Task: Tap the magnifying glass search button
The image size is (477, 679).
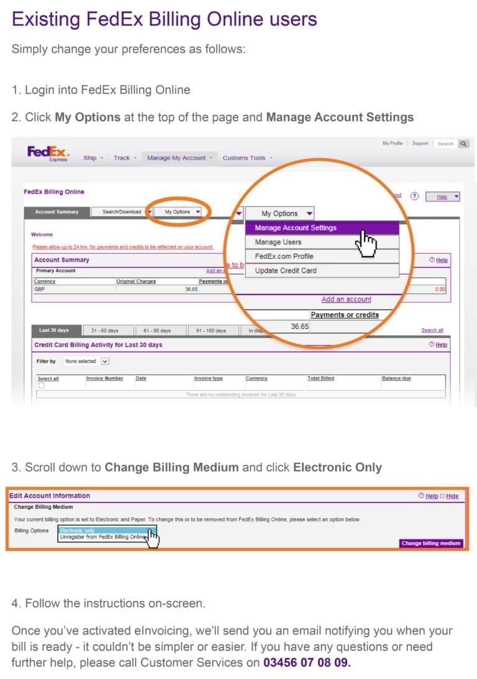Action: (463, 144)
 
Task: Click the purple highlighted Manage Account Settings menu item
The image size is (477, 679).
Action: (296, 228)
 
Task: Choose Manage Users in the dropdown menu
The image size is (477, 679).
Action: (278, 242)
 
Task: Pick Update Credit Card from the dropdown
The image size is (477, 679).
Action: (286, 271)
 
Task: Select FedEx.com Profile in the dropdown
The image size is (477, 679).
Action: (284, 257)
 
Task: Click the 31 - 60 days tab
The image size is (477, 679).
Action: (104, 330)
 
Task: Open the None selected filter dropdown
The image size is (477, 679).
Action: (87, 361)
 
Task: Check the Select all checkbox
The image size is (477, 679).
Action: (42, 386)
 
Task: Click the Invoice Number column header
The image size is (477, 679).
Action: (104, 378)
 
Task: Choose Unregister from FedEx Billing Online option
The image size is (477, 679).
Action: (102, 537)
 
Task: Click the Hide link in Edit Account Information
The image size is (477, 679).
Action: (452, 496)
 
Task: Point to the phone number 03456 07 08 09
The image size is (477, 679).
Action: (307, 662)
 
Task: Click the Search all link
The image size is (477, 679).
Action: (432, 330)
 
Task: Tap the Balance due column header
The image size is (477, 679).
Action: (396, 378)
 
